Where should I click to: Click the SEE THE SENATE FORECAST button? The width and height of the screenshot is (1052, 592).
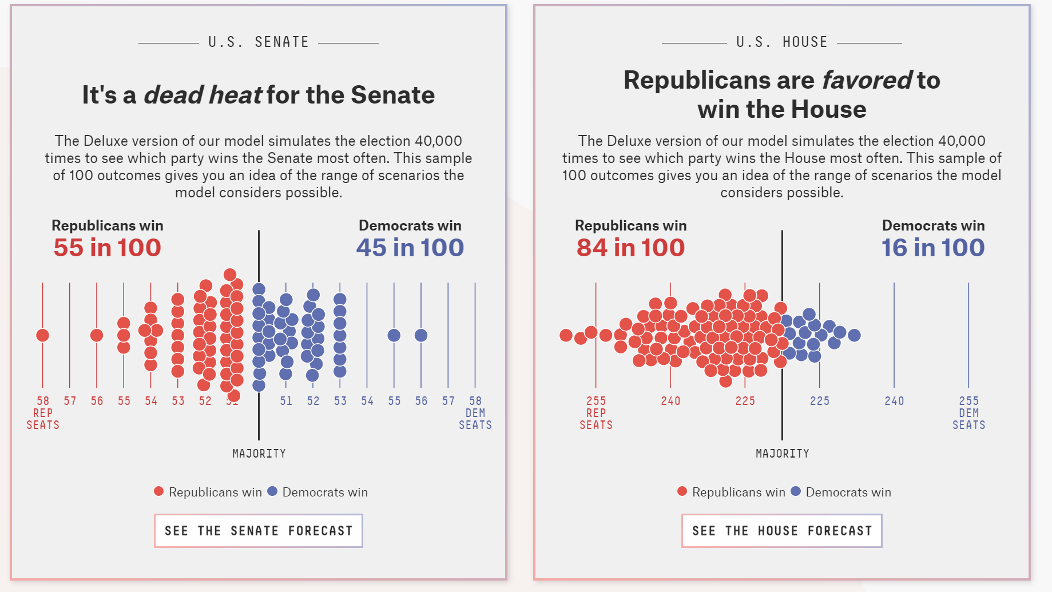pyautogui.click(x=258, y=531)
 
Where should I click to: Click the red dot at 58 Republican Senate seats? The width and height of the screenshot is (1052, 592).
pyautogui.click(x=42, y=335)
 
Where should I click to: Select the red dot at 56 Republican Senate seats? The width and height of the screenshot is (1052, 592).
pyautogui.click(x=97, y=335)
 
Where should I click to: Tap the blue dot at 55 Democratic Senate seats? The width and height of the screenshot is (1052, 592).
pyautogui.click(x=394, y=335)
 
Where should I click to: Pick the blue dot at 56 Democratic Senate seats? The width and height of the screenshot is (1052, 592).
pyautogui.click(x=421, y=335)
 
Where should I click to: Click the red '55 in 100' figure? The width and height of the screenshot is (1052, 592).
pyautogui.click(x=107, y=248)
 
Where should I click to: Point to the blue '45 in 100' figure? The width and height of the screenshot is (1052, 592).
pyautogui.click(x=410, y=248)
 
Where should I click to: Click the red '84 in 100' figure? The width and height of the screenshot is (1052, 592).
pyautogui.click(x=630, y=248)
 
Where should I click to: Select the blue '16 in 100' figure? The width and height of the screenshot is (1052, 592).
pyautogui.click(x=932, y=248)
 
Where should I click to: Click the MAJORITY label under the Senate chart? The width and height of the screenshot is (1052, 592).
pyautogui.click(x=259, y=454)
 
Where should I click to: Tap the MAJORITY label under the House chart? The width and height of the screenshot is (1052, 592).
pyautogui.click(x=782, y=454)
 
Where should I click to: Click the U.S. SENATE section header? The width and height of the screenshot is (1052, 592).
pyautogui.click(x=259, y=42)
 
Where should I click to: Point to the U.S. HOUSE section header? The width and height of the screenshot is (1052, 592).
pyautogui.click(x=781, y=42)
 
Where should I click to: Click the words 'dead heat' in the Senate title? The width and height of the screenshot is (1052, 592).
pyautogui.click(x=203, y=95)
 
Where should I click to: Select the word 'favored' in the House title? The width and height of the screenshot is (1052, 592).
pyautogui.click(x=867, y=80)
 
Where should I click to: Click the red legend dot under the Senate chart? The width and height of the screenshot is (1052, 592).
pyautogui.click(x=159, y=491)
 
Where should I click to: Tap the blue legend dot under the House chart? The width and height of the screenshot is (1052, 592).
pyautogui.click(x=796, y=491)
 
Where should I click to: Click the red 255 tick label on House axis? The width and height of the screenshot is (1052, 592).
pyautogui.click(x=596, y=401)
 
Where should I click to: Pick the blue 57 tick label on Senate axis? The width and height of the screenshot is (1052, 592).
pyautogui.click(x=448, y=401)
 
